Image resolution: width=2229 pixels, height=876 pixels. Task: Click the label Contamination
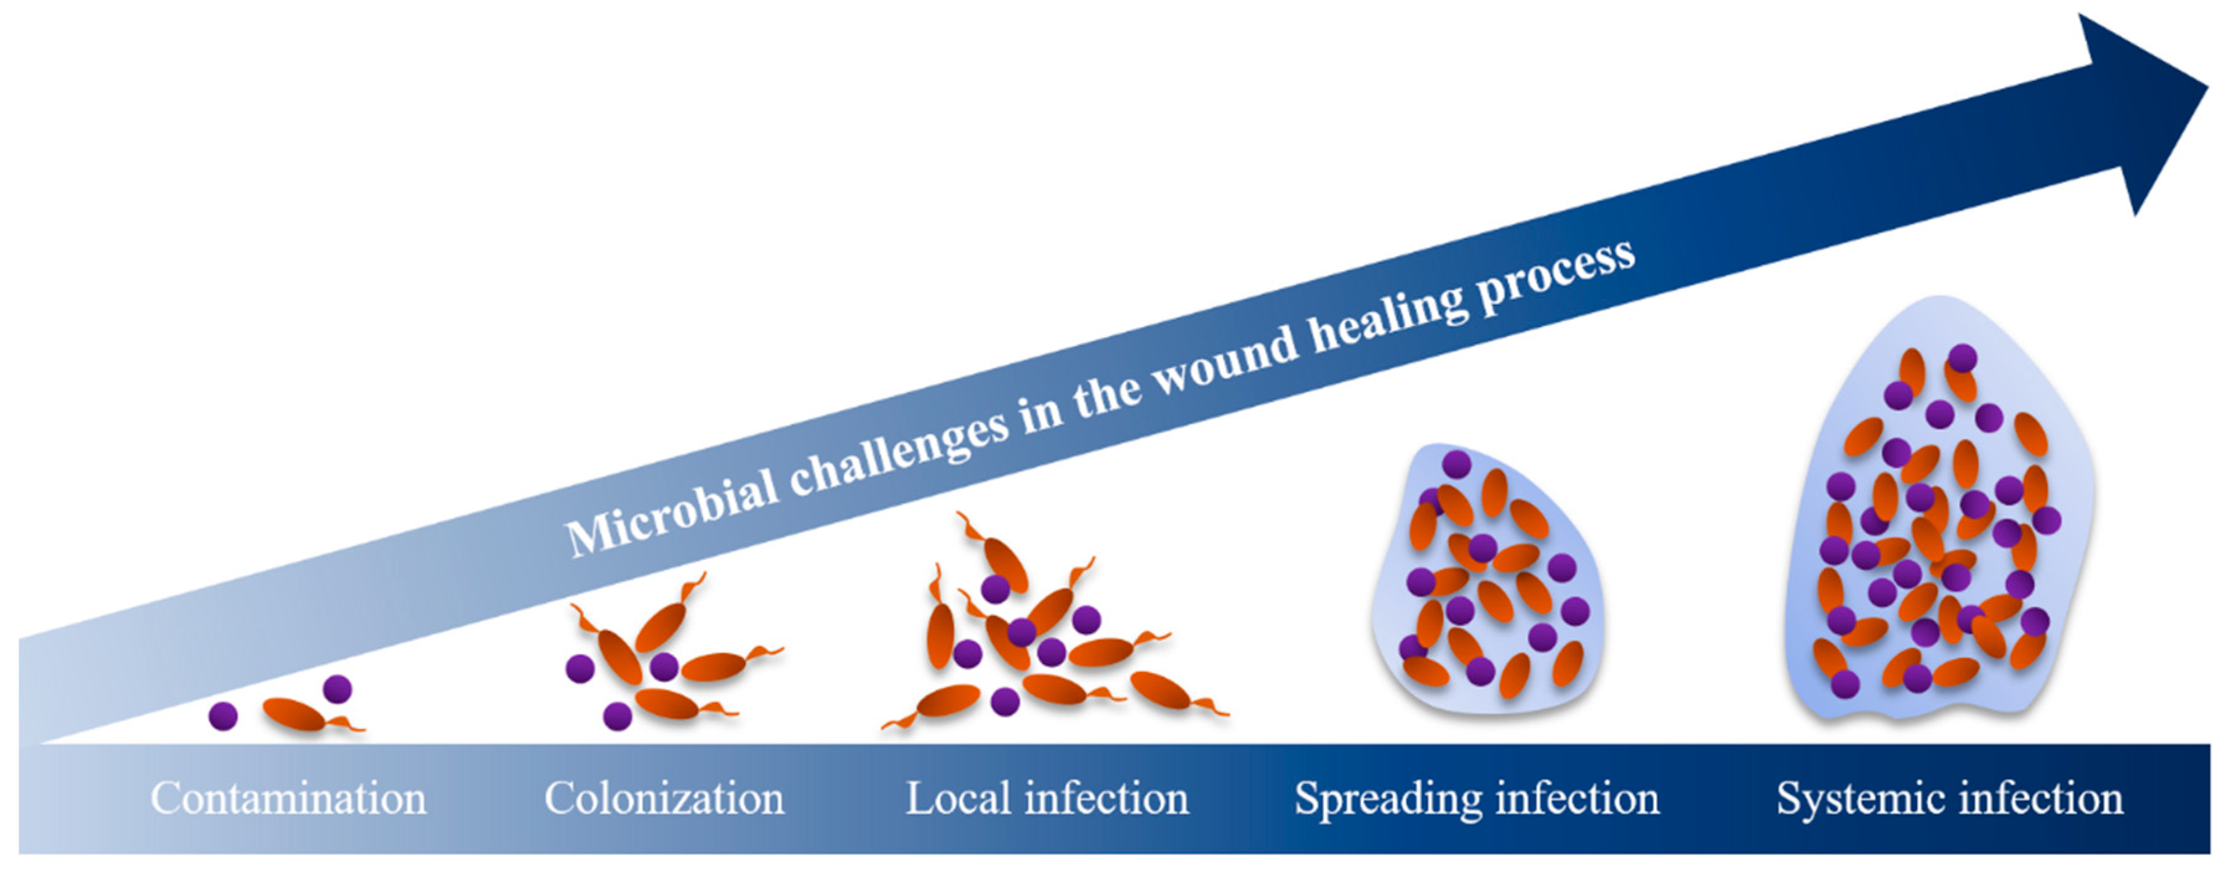pos(288,798)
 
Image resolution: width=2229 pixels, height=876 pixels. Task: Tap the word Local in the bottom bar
pos(958,798)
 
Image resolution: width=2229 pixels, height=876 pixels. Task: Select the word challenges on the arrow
pos(900,454)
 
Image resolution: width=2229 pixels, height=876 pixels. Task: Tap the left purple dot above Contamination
pos(223,716)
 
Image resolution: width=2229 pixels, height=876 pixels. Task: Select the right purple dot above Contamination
pos(336,689)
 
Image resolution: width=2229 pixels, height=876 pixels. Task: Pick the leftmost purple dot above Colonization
pos(580,668)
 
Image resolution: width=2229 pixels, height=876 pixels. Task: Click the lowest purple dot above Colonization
pos(617,716)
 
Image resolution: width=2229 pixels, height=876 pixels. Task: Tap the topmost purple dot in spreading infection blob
pos(1456,464)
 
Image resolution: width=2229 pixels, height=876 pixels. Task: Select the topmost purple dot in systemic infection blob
pos(1963,358)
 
